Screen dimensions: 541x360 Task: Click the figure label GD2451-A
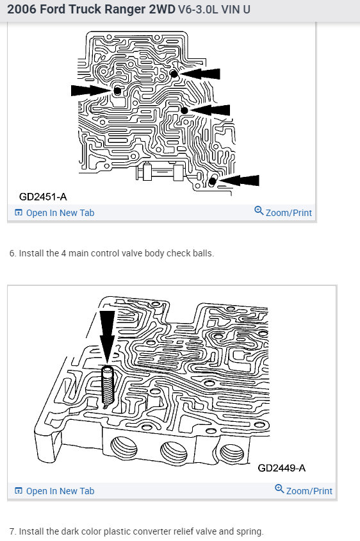pyautogui.click(x=43, y=197)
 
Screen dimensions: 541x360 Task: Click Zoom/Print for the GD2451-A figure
pyautogui.click(x=288, y=213)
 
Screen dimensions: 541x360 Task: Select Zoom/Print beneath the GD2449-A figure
pyautogui.click(x=309, y=491)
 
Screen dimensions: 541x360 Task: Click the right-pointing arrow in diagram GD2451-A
pyautogui.click(x=90, y=90)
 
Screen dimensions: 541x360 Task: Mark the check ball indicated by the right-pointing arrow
pyautogui.click(x=117, y=92)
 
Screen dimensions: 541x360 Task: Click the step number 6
pyautogui.click(x=12, y=253)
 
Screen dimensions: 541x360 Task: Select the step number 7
pyautogui.click(x=12, y=531)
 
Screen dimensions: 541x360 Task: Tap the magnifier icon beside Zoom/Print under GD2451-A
pyautogui.click(x=259, y=211)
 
